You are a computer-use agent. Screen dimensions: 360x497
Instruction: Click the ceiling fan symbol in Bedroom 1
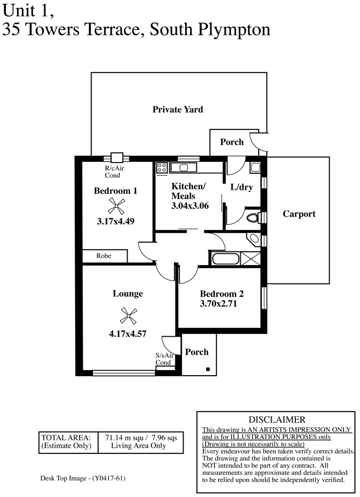(x=116, y=206)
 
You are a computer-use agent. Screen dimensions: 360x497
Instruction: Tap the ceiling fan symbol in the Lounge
(x=128, y=316)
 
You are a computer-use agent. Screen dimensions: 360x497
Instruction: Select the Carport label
(x=299, y=214)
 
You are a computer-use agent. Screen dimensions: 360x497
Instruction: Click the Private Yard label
(x=177, y=109)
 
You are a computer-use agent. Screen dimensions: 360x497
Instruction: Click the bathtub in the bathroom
(x=225, y=259)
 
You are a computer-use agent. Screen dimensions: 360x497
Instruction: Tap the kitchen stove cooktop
(x=162, y=168)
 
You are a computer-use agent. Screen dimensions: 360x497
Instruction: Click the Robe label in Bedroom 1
(x=104, y=256)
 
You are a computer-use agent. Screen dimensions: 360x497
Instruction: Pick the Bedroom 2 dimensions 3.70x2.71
(x=218, y=304)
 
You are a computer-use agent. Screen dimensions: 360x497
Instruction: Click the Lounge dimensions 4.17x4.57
(x=128, y=334)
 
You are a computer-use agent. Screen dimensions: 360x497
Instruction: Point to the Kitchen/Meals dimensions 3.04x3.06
(x=190, y=206)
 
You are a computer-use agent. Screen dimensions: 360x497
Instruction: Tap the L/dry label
(x=241, y=187)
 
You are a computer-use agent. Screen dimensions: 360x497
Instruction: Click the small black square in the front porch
(x=208, y=369)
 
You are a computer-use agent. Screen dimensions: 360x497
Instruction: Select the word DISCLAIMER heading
(x=277, y=420)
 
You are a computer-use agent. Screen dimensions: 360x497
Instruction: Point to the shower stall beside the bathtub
(x=250, y=259)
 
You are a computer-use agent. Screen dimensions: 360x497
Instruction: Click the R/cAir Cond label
(x=114, y=172)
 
